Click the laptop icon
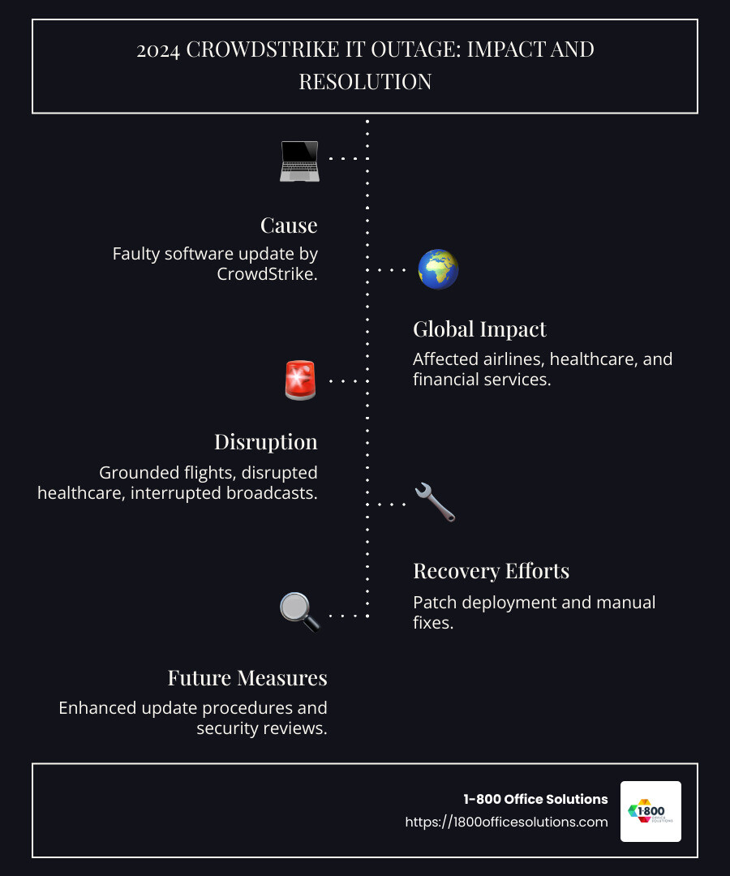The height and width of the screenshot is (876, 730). (x=299, y=161)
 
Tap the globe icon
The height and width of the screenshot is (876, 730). (x=438, y=269)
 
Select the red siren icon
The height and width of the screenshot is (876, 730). (x=300, y=380)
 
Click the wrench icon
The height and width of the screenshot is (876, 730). (x=435, y=502)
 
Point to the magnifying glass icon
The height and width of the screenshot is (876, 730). (x=299, y=612)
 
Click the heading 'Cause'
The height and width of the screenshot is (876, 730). (x=289, y=225)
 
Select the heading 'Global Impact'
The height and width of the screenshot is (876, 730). (x=479, y=329)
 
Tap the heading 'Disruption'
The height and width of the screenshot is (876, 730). (x=265, y=442)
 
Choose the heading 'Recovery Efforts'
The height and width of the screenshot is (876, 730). (x=491, y=571)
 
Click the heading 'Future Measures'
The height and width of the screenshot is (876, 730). (x=247, y=677)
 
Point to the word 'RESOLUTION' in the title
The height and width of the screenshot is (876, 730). (x=365, y=82)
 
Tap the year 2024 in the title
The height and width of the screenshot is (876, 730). (x=158, y=49)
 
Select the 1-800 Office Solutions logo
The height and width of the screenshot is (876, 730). (x=651, y=811)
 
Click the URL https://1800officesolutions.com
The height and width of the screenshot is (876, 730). (x=506, y=822)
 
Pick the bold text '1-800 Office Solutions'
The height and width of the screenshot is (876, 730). (x=535, y=800)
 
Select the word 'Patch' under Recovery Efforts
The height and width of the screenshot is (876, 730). (x=434, y=603)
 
